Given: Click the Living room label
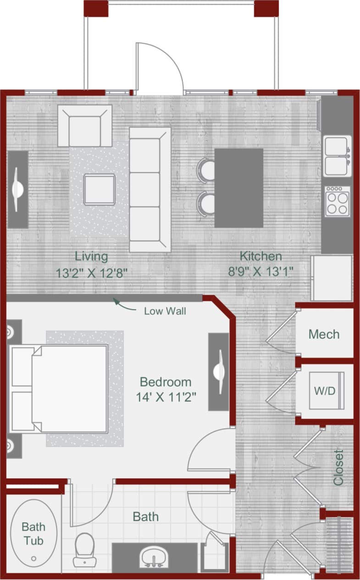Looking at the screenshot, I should point(91,256).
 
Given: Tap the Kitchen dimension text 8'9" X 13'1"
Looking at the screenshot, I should point(260,271).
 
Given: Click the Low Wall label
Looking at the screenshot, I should point(165,311).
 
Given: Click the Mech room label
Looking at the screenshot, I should point(324,334).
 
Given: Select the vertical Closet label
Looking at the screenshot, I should point(338,467).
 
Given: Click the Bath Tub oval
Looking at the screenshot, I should point(33,533).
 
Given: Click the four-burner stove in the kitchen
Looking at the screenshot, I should point(337,201).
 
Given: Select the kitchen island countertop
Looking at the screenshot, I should point(239,188).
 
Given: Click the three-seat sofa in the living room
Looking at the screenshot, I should point(150,189).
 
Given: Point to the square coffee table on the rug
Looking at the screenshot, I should point(99,189).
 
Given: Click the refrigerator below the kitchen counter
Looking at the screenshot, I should point(331,278).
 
